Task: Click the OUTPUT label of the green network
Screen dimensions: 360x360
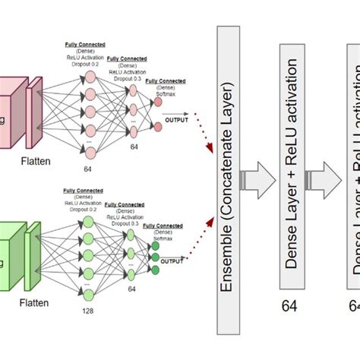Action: [172, 263]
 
